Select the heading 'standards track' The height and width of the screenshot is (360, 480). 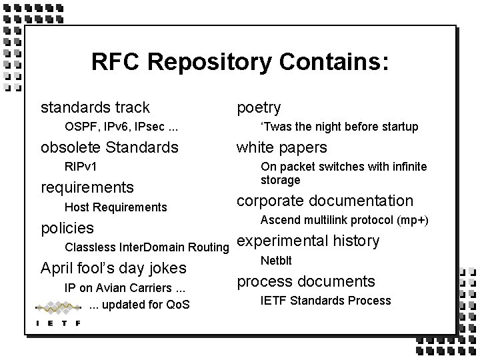[95, 107]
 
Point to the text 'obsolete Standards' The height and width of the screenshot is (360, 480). [109, 147]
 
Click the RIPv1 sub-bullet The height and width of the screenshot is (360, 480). [81, 167]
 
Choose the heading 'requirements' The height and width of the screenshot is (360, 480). [87, 187]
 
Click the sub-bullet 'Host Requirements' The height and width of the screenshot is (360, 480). [115, 207]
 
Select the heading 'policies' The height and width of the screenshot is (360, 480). [67, 228]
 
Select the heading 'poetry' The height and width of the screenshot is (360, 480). [259, 107]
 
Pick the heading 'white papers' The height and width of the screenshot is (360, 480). [282, 147]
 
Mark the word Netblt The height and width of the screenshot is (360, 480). [276, 261]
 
